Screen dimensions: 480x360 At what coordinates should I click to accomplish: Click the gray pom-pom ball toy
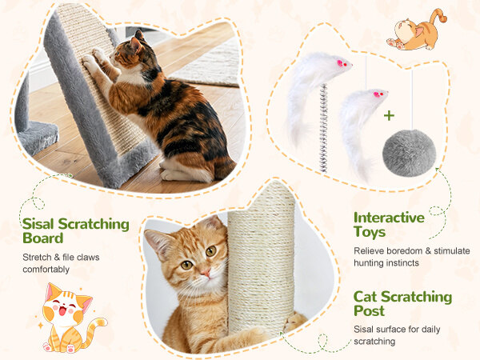409,153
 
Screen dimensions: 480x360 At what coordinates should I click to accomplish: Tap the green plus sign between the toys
389,116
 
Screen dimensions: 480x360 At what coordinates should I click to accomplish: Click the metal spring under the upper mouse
323,128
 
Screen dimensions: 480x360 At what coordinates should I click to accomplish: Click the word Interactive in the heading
389,218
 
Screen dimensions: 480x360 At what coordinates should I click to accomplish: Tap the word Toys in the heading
370,232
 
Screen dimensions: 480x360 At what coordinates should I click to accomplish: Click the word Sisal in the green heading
38,224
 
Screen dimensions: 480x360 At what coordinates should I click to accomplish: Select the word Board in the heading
43,238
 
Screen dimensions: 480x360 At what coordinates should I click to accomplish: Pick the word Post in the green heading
369,310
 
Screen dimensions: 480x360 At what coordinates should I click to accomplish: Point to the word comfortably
46,270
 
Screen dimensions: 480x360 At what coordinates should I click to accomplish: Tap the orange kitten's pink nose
206,272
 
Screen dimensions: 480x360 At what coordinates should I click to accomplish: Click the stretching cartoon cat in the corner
417,30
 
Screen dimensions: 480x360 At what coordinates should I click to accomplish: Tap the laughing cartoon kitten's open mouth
62,310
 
